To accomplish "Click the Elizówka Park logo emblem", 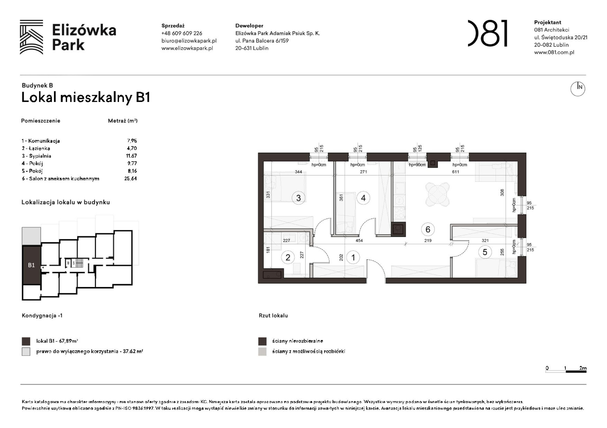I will pyautogui.click(x=31, y=37).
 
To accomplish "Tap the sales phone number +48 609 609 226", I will pyautogui.click(x=181, y=33).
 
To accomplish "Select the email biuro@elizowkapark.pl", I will pyautogui.click(x=189, y=41).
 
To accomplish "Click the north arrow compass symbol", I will pyautogui.click(x=578, y=89).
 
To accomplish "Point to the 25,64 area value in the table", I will pyautogui.click(x=131, y=179).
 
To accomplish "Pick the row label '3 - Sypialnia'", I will pyautogui.click(x=36, y=156).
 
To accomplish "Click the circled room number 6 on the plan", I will pyautogui.click(x=428, y=229).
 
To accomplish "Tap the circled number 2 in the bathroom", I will pyautogui.click(x=288, y=258).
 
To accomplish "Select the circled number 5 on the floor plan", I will pyautogui.click(x=485, y=252).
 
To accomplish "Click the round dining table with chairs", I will pyautogui.click(x=437, y=194).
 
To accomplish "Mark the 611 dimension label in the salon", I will pyautogui.click(x=455, y=172).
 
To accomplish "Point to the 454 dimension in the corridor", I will pyautogui.click(x=359, y=241).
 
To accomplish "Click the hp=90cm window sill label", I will pyautogui.click(x=417, y=165).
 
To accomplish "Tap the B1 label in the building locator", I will pyautogui.click(x=31, y=265).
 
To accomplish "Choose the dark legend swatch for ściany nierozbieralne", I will pyautogui.click(x=262, y=341).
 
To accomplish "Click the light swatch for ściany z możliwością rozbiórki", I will pyautogui.click(x=262, y=352).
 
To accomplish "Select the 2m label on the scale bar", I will pyautogui.click(x=583, y=368).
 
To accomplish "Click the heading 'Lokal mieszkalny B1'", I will pyautogui.click(x=86, y=98).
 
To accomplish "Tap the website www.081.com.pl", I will pyautogui.click(x=554, y=52).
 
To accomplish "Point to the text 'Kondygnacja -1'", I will pyautogui.click(x=42, y=315).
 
